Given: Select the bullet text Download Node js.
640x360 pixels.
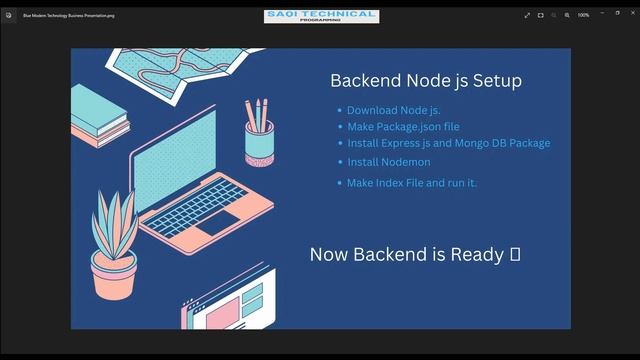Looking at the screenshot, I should point(394,110).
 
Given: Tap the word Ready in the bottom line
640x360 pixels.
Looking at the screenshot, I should point(477,254).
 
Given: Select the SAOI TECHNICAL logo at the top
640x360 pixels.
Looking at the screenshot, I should point(321,15).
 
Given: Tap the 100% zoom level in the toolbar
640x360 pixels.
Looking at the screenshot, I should point(583,15).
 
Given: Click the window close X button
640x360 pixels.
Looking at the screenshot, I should point(627,15).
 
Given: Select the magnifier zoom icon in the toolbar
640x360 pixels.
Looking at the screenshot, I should point(567,15).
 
